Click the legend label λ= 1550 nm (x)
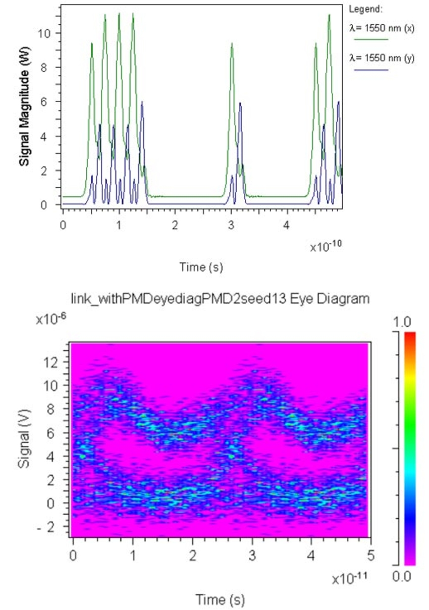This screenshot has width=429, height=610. tap(382, 28)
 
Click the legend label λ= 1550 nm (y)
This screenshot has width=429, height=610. tap(382, 59)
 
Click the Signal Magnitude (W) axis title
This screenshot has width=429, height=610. tap(23, 110)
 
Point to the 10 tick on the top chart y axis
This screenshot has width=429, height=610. tap(44, 33)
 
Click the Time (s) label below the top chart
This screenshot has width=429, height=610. tap(201, 267)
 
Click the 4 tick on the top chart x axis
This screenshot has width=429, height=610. tap(287, 225)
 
